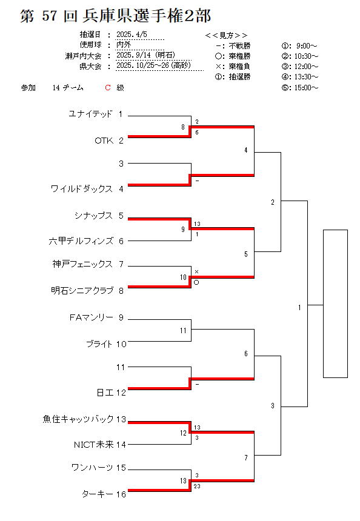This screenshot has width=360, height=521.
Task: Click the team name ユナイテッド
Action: coord(90,114)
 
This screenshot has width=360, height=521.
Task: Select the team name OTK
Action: coord(104,141)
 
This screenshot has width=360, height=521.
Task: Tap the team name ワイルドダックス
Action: coord(82,189)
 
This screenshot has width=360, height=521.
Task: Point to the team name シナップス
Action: coord(94,216)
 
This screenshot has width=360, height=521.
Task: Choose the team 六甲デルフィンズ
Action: coord(81,241)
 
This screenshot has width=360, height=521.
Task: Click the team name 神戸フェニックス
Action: coord(83,264)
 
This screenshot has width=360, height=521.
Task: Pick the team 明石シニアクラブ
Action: coord(82,291)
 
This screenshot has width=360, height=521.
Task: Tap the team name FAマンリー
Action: coord(92,317)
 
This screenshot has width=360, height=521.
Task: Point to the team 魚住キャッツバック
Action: coord(78,419)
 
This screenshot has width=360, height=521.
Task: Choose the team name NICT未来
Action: coord(94,445)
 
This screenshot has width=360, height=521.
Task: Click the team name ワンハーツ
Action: coord(92,468)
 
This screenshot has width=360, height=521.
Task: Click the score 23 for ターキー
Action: coord(197,486)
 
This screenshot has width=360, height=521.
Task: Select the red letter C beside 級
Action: coord(108,88)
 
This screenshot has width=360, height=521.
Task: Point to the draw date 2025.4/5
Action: coord(132,35)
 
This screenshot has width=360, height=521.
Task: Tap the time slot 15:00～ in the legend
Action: coord(306,88)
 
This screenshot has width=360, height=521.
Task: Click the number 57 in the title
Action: coord(50,16)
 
